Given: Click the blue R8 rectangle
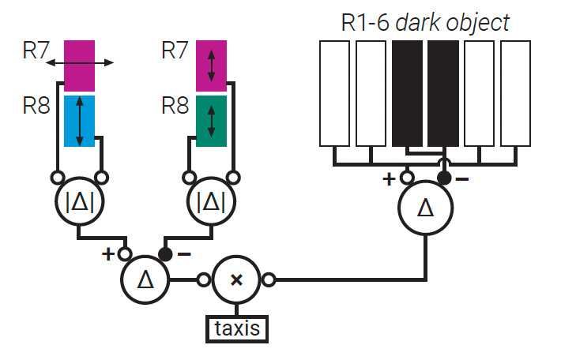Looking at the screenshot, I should tap(80, 120).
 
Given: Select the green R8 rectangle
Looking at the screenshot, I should tap(211, 120).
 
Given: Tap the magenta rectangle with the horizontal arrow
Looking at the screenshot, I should tap(80, 66).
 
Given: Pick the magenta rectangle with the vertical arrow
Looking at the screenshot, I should tap(211, 66).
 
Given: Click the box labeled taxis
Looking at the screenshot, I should tap(237, 328).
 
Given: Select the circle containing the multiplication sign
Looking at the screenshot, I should tap(237, 279).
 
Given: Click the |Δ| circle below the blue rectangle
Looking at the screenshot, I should tap(80, 202).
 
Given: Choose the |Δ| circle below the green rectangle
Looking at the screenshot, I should tap(210, 202).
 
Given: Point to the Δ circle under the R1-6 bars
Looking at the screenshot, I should tap(425, 208).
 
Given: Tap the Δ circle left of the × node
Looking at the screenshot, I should tap(145, 279).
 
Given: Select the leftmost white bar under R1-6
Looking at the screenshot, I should tap(333, 93).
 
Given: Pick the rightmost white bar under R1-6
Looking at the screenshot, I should tap(516, 93).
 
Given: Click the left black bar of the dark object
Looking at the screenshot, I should tap(407, 93).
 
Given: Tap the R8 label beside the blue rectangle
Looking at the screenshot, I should tap(36, 105).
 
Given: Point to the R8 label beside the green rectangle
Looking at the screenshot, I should tap(176, 105).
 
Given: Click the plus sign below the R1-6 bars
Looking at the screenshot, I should tap(389, 179).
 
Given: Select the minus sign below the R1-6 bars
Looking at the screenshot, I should tap(462, 179).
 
